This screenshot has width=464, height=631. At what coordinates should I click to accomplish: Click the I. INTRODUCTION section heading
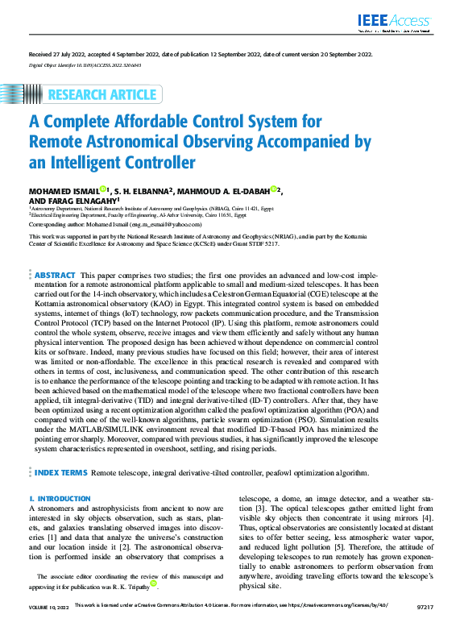coord(60,499)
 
